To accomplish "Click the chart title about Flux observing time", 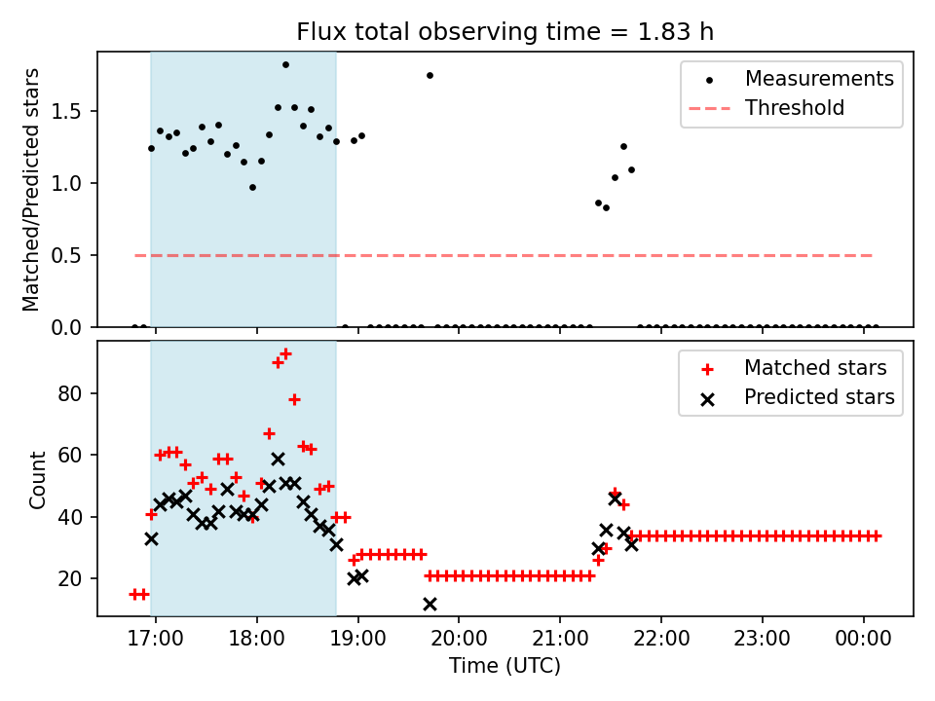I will pos(505,31).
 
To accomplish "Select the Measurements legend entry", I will pos(819,79).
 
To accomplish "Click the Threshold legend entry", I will pos(795,108).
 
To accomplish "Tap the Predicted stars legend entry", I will pos(819,397).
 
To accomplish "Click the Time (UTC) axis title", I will pos(505,667).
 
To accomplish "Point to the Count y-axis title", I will pos(38,479).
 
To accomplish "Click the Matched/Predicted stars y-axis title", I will pos(31,189).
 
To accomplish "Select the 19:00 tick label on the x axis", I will pos(358,641).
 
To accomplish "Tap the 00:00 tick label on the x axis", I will pos(864,641).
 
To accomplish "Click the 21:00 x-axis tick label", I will pos(560,641).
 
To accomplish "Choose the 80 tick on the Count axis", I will pos(79,393).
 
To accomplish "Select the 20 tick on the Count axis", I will pos(79,578).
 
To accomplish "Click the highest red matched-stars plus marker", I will pos(285,353).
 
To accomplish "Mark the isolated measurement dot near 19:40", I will pos(430,75).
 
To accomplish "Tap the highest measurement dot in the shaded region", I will pos(285,65).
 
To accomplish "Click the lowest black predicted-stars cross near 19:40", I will pos(430,604).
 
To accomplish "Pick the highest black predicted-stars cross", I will pos(278,459).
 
